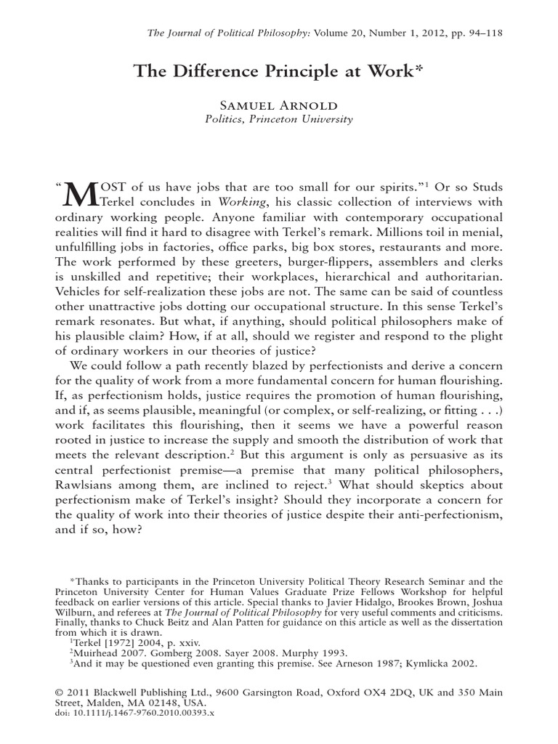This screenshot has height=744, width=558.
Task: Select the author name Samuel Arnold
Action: pos(279,106)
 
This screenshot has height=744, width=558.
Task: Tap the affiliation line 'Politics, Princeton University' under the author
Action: pos(279,120)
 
